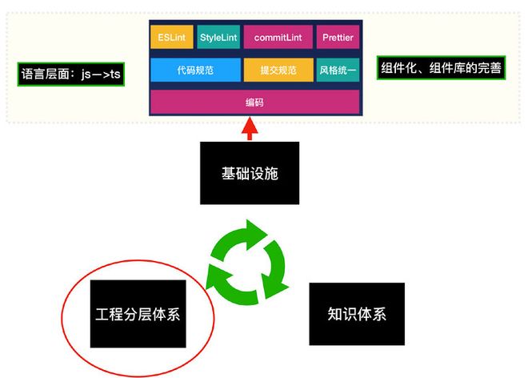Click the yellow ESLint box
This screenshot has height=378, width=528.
click(172, 38)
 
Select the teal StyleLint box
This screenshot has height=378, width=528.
click(218, 38)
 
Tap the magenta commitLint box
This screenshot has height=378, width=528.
click(277, 38)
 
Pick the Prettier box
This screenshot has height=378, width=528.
click(337, 38)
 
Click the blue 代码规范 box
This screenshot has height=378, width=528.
click(195, 70)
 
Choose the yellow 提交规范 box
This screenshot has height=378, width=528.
click(277, 70)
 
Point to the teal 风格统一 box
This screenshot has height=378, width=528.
click(337, 70)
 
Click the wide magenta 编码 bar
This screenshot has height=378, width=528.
click(254, 103)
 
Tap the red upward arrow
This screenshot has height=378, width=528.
click(250, 128)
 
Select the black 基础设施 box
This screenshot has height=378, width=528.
click(250, 173)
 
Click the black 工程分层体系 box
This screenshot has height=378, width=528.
click(138, 313)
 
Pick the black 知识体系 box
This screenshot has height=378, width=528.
click(357, 313)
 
